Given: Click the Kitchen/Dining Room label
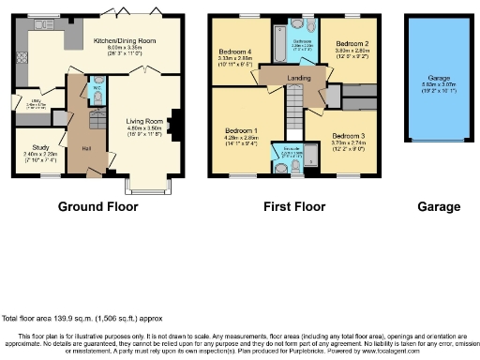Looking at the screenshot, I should coord(125,41).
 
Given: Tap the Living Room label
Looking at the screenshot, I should coord(145,120).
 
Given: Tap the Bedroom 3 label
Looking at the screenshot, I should coord(352,136).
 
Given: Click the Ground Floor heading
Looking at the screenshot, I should coord(98,206).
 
